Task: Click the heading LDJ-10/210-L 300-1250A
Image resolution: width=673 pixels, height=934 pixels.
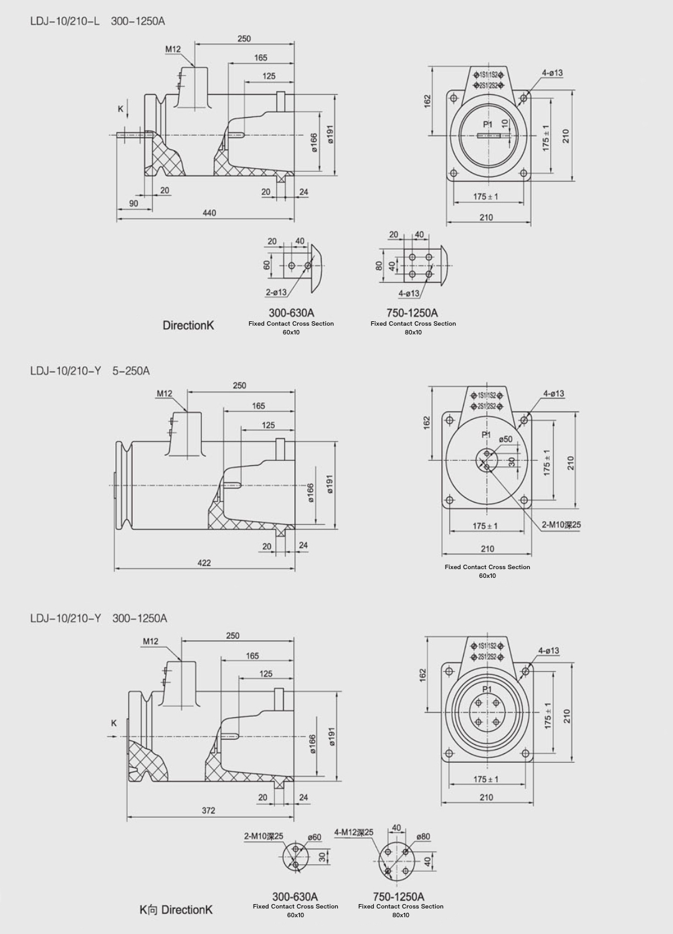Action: [x=97, y=21]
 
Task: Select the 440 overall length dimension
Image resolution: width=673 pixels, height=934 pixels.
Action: [x=209, y=213]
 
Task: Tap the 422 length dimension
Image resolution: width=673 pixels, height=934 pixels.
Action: [x=204, y=563]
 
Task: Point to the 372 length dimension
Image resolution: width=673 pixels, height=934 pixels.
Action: [x=208, y=810]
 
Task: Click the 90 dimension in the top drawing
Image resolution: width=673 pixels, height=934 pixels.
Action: [x=134, y=204]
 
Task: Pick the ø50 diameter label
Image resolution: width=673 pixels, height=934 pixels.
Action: [x=505, y=439]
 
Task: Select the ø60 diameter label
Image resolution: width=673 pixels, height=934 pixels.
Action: [x=314, y=837]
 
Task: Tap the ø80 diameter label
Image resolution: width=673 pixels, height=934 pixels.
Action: [x=423, y=836]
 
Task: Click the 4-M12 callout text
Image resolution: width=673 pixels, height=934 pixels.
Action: [x=354, y=832]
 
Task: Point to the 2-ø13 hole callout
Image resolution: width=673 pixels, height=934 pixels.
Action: [x=276, y=292]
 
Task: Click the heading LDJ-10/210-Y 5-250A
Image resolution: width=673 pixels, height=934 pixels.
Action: [x=90, y=371]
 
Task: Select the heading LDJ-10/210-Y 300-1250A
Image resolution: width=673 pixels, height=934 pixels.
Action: [x=98, y=618]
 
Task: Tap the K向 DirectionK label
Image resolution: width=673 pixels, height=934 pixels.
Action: [x=176, y=910]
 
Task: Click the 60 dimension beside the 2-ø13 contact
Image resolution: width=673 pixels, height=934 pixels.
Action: [x=267, y=265]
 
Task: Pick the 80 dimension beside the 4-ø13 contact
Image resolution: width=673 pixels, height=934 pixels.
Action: [x=378, y=266]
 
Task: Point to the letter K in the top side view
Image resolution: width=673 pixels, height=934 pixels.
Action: [x=121, y=109]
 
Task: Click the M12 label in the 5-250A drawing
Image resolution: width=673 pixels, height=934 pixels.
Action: [x=165, y=394]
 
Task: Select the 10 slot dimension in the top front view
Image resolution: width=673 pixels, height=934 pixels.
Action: [x=505, y=124]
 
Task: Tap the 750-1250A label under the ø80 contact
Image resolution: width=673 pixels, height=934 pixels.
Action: [x=398, y=897]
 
